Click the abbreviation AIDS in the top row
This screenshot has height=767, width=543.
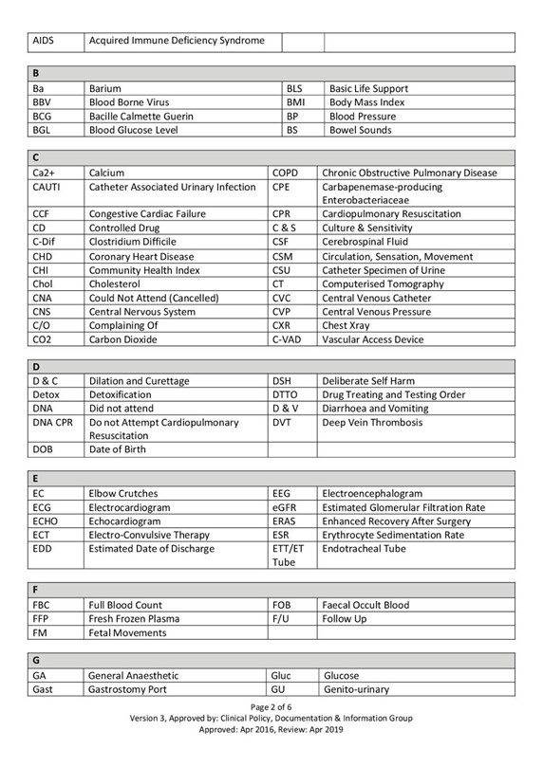(45, 42)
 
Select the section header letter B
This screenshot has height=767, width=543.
(36, 73)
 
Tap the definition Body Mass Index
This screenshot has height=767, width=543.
(366, 101)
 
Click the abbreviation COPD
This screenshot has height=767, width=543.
(286, 173)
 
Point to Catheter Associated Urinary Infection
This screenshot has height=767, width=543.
(172, 188)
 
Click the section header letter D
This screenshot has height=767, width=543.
(36, 365)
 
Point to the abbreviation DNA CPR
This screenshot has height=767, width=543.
(52, 422)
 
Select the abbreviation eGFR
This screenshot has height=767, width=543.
(286, 508)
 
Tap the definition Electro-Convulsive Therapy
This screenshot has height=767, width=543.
(149, 535)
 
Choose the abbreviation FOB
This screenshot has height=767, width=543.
(283, 605)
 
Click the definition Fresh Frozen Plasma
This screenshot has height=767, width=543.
(134, 619)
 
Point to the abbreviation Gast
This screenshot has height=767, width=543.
(42, 689)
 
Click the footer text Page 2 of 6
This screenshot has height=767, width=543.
(271, 707)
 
